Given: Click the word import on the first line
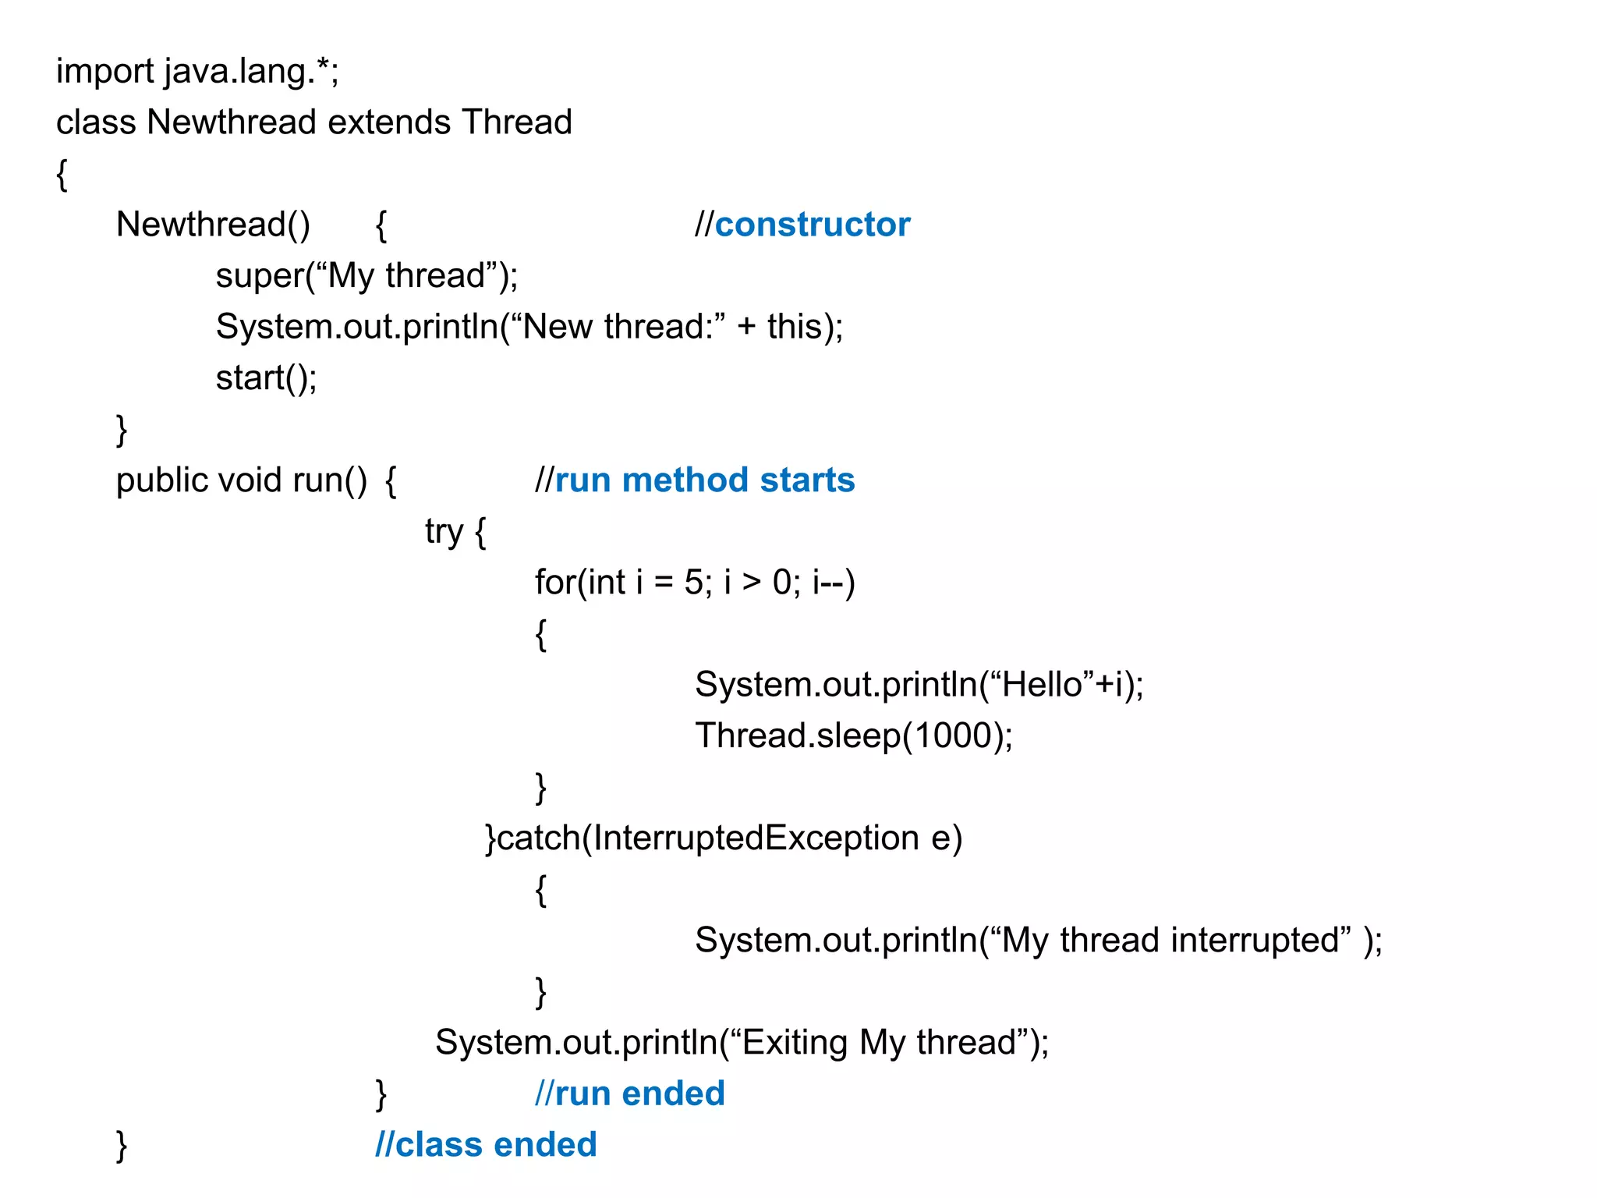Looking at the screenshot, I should click(104, 72).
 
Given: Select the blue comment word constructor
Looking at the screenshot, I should click(812, 225).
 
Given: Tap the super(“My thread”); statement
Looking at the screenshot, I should click(366, 276).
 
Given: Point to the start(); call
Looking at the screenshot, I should click(266, 378).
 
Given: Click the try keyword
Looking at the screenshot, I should click(444, 532).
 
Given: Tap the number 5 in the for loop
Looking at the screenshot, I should click(693, 583).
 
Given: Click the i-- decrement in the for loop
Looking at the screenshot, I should click(827, 583).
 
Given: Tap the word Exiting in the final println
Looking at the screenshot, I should click(795, 1043).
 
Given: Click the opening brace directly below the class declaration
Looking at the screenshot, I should click(62, 174).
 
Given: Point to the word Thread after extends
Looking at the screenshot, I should click(516, 122).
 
